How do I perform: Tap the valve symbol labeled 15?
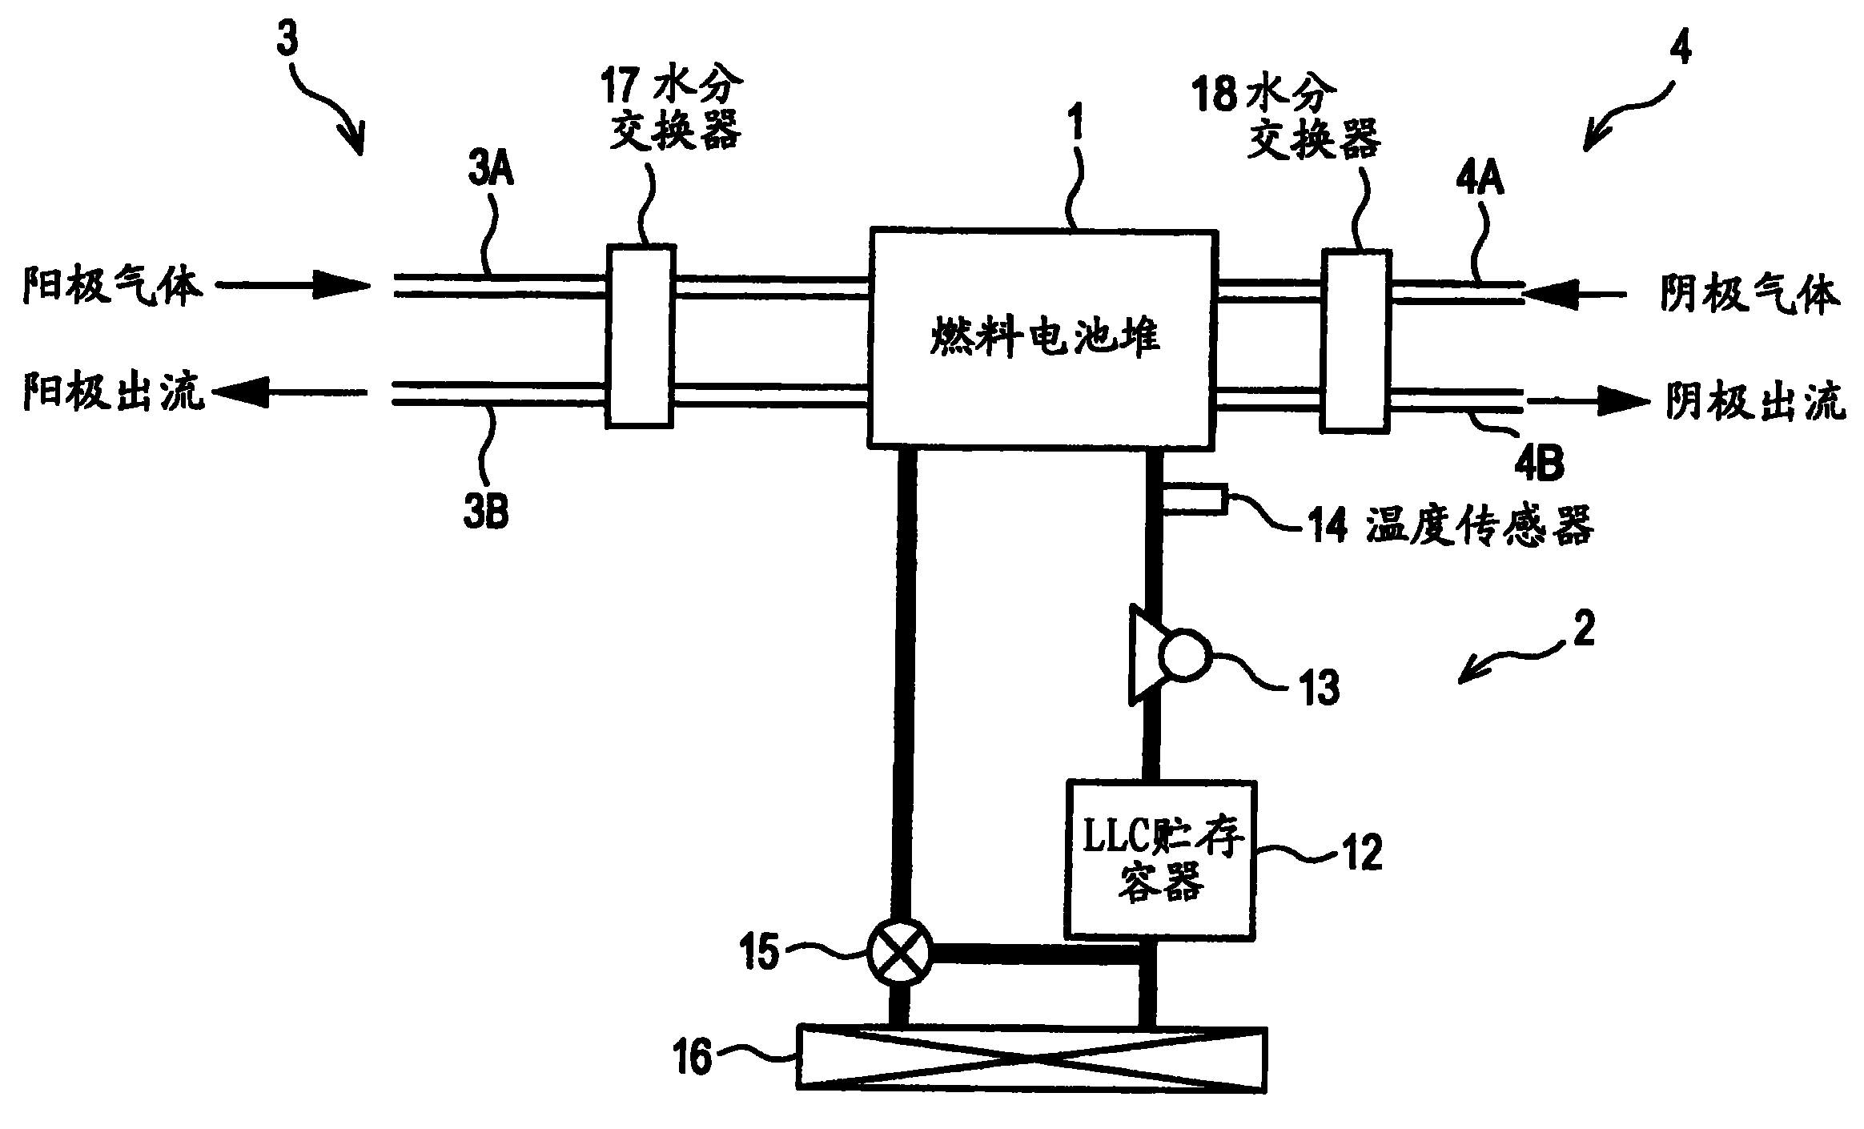point(898,952)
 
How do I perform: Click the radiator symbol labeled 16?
point(1032,1059)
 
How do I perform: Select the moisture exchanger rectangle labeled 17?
point(640,334)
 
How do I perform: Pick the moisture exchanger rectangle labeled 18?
point(1356,342)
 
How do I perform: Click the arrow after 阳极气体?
point(293,284)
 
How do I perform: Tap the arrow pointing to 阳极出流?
point(290,393)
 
